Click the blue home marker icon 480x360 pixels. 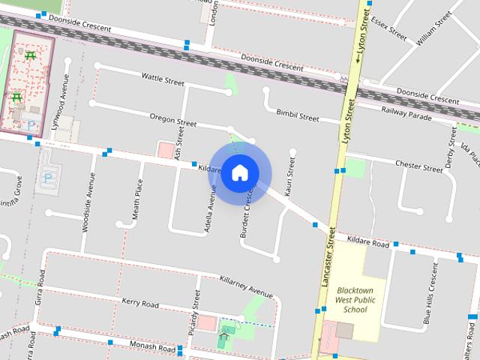pyautogui.click(x=239, y=172)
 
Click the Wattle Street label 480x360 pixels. pyautogui.click(x=163, y=77)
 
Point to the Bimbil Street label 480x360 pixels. pyautogui.click(x=297, y=115)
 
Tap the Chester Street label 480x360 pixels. pyautogui.click(x=416, y=163)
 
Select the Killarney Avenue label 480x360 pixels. pyautogui.click(x=246, y=286)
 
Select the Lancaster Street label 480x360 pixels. pyautogui.click(x=328, y=257)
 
